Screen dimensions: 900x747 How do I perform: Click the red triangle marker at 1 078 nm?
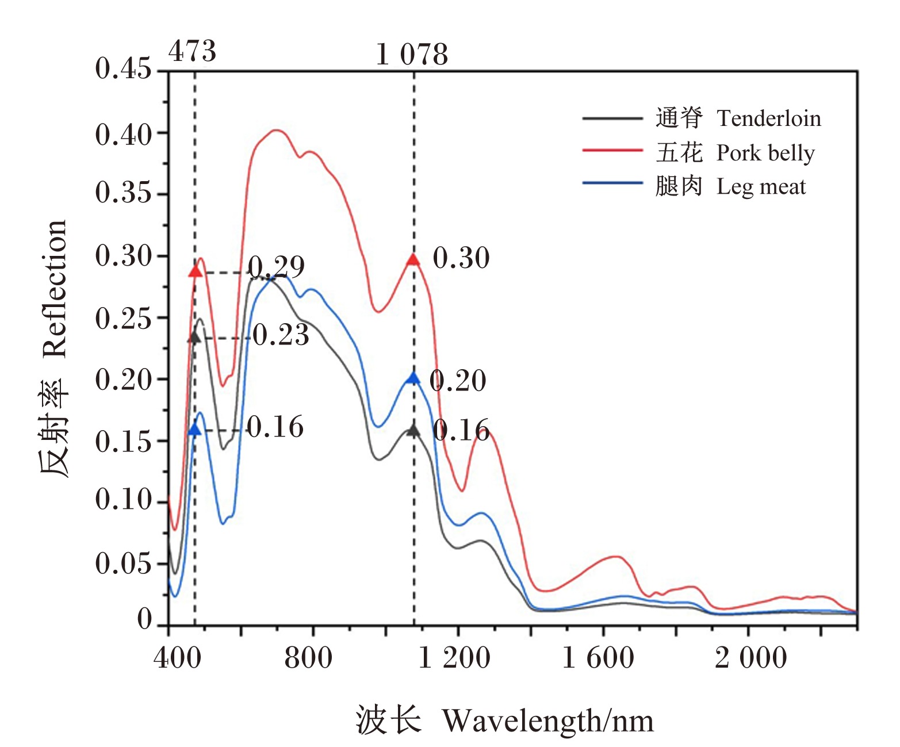[x=413, y=259]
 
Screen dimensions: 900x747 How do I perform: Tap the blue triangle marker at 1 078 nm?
[x=413, y=378]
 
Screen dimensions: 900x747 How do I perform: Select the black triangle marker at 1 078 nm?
[x=413, y=430]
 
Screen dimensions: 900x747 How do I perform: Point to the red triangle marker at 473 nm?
[x=196, y=271]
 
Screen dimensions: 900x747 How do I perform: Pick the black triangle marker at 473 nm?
[x=195, y=337]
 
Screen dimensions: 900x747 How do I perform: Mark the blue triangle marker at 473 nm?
[x=195, y=430]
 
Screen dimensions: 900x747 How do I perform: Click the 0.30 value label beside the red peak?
[x=461, y=258]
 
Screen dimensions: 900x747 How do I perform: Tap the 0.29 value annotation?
[x=276, y=267]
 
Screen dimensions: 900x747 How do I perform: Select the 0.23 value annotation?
[x=281, y=335]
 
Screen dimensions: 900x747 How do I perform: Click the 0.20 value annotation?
[x=458, y=381]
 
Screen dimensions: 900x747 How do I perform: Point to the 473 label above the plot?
[x=192, y=51]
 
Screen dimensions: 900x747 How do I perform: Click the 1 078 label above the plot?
[x=412, y=55]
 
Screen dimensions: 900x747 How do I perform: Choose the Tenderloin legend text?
[x=768, y=118]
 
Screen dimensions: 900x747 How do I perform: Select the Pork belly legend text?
[x=765, y=154]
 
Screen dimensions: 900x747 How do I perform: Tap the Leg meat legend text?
[x=761, y=187]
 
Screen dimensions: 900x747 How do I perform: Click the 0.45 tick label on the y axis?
[x=123, y=68]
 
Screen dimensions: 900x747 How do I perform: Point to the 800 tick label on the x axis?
[x=308, y=658]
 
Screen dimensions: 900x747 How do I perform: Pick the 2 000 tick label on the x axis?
[x=751, y=658]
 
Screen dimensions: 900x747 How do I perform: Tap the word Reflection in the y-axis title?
[x=55, y=289]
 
